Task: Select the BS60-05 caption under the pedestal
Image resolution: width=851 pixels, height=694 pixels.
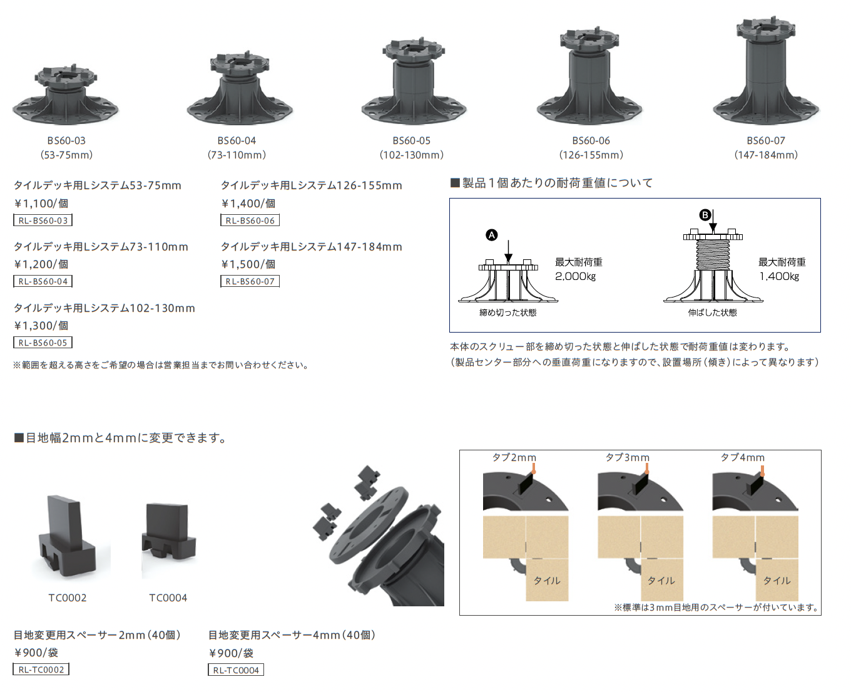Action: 412,141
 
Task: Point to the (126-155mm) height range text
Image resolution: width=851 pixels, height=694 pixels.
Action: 591,155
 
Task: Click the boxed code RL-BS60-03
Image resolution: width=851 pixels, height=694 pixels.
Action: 43,220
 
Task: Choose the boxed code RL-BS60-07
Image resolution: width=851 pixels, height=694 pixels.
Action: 250,281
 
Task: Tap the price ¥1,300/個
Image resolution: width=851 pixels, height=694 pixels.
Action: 41,326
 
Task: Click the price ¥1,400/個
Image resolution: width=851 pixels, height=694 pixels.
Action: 248,204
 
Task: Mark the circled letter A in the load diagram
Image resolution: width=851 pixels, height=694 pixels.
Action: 491,235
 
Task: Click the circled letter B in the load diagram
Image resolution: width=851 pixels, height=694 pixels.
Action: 705,215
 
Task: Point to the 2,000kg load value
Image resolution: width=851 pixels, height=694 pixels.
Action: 575,276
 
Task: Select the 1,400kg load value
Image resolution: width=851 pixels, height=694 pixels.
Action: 779,276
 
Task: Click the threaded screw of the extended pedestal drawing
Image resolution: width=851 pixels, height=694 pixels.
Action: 713,255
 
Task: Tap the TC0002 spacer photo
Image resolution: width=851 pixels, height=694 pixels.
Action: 67,536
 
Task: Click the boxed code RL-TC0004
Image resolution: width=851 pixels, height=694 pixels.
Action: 236,670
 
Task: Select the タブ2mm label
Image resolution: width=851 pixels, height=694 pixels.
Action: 514,457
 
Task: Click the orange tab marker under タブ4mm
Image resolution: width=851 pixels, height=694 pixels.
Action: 762,471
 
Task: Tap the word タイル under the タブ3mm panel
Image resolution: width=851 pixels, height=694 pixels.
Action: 661,581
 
